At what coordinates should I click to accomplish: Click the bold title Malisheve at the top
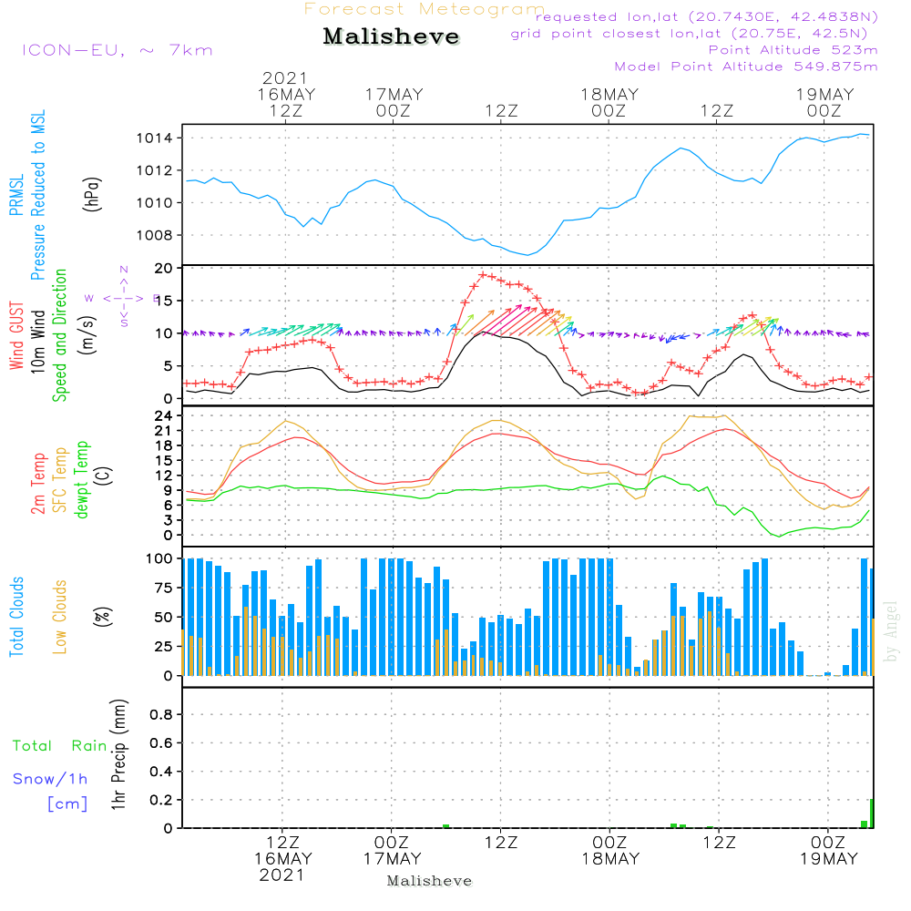pos(392,37)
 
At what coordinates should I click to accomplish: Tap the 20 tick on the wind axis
pos(164,269)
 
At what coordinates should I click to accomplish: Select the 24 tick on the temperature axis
pos(164,415)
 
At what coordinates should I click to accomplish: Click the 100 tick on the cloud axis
pos(159,558)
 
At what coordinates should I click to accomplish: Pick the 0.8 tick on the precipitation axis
pos(160,715)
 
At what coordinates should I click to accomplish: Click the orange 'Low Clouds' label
pos(61,617)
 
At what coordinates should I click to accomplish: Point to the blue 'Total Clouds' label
pos(16,617)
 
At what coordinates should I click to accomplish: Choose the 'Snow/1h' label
pos(51,780)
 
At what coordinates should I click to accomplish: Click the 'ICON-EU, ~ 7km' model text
pos(117,50)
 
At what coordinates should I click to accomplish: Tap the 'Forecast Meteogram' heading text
pos(425,9)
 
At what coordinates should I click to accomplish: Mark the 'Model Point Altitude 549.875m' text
pos(746,67)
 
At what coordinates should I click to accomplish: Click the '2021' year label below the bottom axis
pos(282,875)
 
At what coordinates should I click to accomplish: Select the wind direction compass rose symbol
pos(123,297)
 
